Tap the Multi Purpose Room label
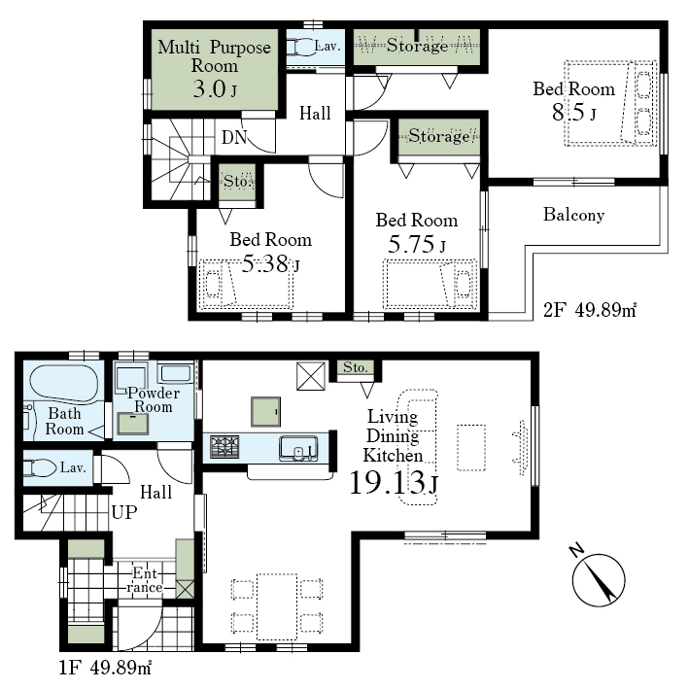[215, 56]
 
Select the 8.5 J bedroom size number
[574, 112]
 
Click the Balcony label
[573, 215]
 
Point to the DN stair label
[234, 138]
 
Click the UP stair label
[124, 512]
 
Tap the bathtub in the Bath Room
[64, 384]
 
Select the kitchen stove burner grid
[224, 447]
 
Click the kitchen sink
[298, 448]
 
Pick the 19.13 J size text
[394, 482]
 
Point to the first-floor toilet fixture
[40, 467]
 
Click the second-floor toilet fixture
[301, 47]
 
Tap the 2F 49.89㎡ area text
[590, 311]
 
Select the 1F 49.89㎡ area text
[105, 668]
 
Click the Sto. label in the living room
[355, 367]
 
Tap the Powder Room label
[154, 399]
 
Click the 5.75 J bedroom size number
[417, 244]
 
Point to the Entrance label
[145, 580]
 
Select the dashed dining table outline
[277, 606]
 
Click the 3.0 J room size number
[215, 89]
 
